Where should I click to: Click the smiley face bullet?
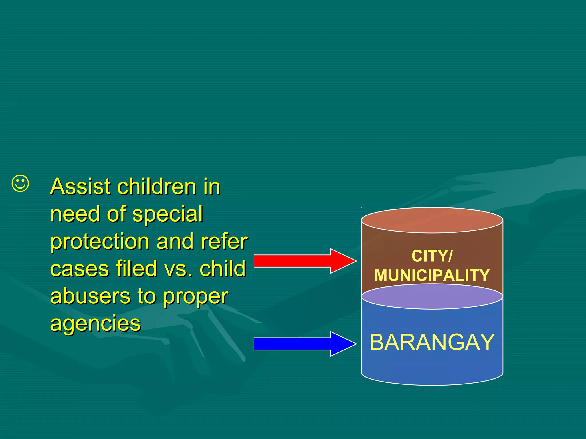(20, 183)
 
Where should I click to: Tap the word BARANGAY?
(432, 342)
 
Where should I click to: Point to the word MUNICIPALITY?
(432, 275)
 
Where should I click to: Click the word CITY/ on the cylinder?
(432, 256)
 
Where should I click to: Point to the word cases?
(80, 269)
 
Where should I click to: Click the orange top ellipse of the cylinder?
(432, 220)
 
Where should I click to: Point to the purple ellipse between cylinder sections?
(432, 297)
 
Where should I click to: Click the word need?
(75, 214)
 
